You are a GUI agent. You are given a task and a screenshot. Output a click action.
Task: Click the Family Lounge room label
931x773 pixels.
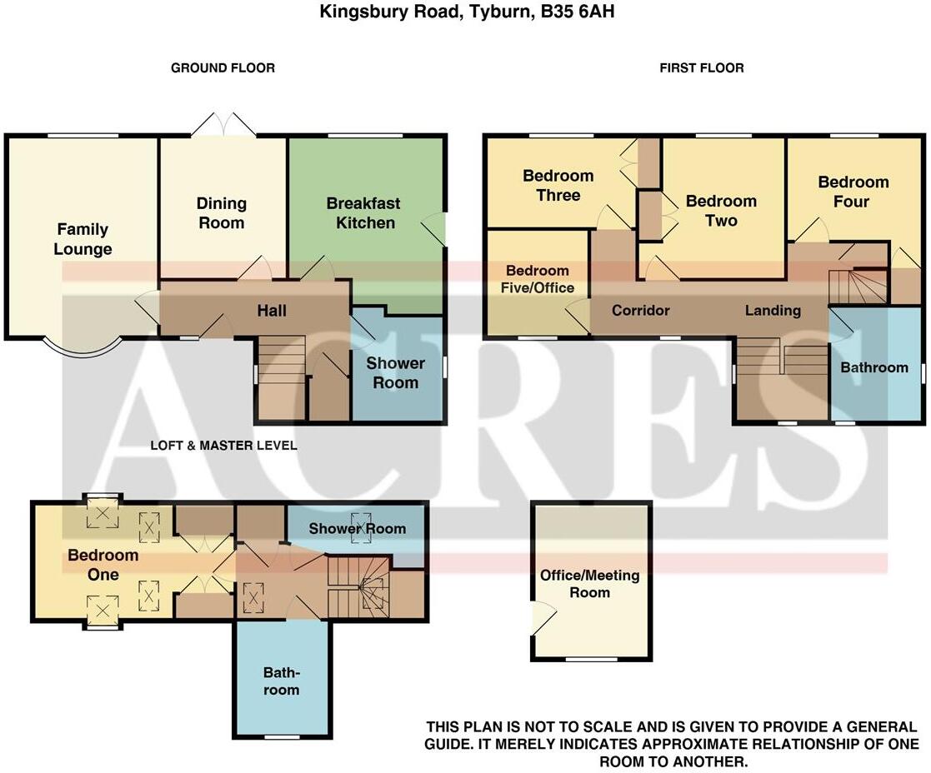point(83,239)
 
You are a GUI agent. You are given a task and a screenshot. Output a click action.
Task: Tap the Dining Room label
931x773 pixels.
point(222,213)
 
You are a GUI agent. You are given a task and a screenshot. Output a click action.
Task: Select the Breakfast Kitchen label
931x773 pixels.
point(364,213)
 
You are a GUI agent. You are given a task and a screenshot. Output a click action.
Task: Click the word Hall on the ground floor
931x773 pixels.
point(272,310)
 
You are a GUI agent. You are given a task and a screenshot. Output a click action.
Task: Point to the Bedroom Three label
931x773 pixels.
point(558,185)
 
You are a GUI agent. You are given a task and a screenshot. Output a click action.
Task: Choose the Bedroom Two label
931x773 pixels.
point(722,211)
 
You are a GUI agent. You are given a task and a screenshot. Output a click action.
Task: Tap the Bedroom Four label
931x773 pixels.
point(853,192)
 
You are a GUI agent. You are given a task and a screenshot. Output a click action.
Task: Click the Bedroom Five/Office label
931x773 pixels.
point(538,279)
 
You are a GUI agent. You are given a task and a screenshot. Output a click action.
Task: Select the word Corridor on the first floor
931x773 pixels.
point(641,310)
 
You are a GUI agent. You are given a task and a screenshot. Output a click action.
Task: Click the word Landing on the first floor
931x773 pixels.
point(773,310)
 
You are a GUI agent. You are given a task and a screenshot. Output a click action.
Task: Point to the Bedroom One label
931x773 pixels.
point(103,564)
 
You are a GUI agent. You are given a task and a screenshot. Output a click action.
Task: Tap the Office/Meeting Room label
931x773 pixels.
point(589,583)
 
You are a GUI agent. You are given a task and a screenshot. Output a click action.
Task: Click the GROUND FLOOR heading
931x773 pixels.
point(223,68)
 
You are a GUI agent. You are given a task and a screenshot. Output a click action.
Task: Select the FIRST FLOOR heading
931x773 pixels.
point(702,68)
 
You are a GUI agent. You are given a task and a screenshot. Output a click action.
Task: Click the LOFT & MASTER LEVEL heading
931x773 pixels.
point(224,446)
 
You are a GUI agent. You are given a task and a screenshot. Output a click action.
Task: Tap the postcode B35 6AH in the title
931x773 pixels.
point(578,12)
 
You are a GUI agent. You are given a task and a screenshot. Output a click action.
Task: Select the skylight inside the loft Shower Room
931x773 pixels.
point(357,527)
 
